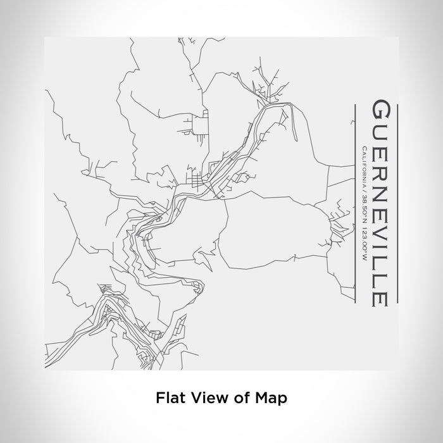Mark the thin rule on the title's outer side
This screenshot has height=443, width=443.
[397, 203]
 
